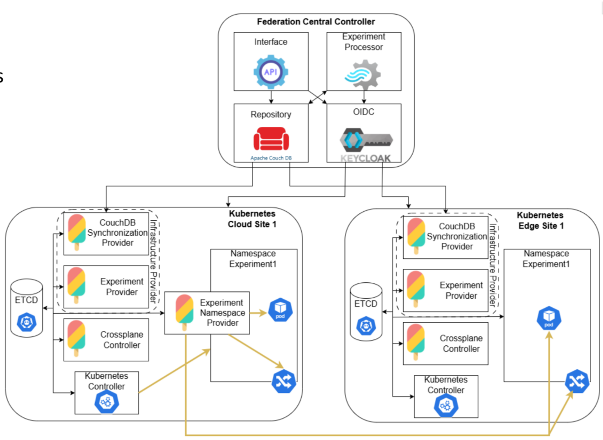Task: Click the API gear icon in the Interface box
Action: [270, 72]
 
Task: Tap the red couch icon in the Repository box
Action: [271, 139]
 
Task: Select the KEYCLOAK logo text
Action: [366, 158]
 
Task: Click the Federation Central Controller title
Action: [316, 22]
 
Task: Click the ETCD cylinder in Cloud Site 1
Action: [27, 308]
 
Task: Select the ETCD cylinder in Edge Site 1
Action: [366, 311]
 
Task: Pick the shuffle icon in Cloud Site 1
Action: [284, 382]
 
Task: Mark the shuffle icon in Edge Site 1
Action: [577, 382]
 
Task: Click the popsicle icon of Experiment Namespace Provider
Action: [184, 312]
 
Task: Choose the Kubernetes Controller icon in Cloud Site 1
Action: [107, 402]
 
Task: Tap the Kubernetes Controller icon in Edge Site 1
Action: [446, 406]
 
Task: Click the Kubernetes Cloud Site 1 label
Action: [252, 219]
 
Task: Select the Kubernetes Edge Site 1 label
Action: [540, 221]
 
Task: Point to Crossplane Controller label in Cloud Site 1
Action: [121, 340]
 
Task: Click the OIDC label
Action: [363, 112]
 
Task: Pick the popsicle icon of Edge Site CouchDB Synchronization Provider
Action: [416, 236]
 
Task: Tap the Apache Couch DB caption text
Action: [271, 158]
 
